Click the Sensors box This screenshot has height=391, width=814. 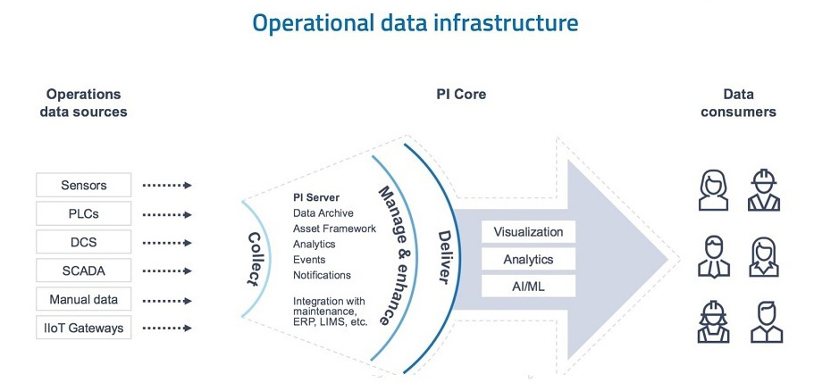coord(84,186)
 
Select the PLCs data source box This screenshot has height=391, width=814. coord(84,214)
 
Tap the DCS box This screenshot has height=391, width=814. coord(84,243)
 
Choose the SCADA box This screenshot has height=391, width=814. coord(84,271)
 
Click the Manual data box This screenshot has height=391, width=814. coord(84,300)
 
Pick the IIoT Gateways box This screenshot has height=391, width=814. coord(84,329)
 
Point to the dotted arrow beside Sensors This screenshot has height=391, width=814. coord(167,186)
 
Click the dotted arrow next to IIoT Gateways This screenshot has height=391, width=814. coord(167,329)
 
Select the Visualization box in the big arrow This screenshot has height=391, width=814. coord(528,232)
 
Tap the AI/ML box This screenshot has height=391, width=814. coord(528,287)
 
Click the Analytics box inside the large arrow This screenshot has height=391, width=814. coord(528,260)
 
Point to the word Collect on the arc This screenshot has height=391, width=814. coord(254,259)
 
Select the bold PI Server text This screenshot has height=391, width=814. coord(316,197)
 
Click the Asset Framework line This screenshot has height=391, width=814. coord(334,229)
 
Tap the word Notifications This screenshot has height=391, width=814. coord(322,275)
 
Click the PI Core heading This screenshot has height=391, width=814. coord(460,95)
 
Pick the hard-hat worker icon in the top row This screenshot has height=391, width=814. coord(766,188)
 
